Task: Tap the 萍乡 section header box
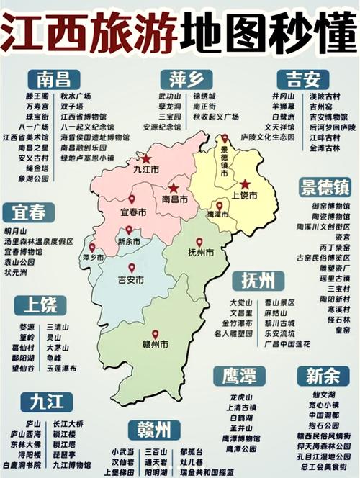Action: coord(181,79)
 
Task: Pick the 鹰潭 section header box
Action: coord(239,374)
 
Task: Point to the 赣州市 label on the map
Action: coord(154,345)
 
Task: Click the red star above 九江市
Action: coord(146,158)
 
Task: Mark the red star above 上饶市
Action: coord(245,184)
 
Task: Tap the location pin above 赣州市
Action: coord(154,334)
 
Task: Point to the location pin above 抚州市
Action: coord(199,243)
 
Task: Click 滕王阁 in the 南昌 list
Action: coord(37,96)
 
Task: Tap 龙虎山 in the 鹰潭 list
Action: coord(241,397)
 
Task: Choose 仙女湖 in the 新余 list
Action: coord(323,395)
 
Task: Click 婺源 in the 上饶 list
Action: coord(27,327)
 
